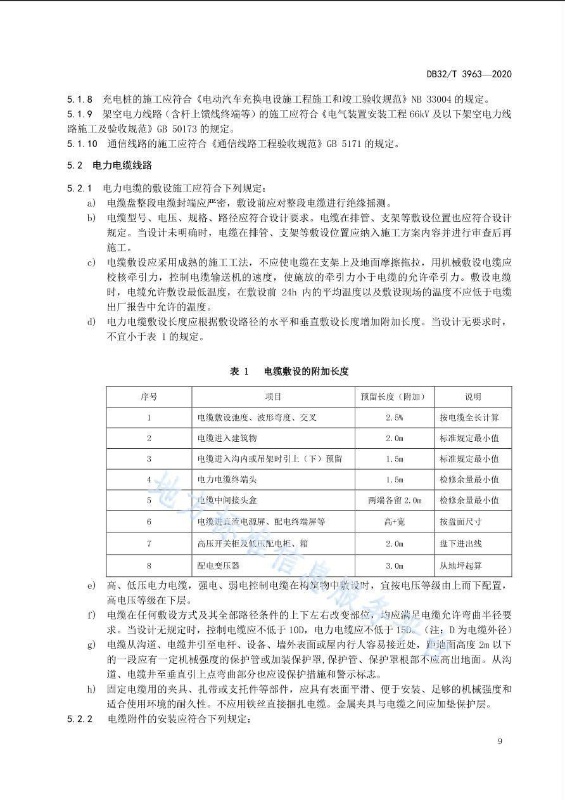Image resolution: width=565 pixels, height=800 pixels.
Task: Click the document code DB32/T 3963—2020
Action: [469, 74]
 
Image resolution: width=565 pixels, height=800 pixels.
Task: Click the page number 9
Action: [500, 742]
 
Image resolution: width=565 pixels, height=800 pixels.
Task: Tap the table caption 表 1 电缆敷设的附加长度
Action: [289, 371]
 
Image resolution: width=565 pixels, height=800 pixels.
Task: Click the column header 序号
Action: [149, 397]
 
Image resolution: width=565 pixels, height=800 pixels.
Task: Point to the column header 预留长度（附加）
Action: [394, 397]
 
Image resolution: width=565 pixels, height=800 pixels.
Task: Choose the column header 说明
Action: [473, 397]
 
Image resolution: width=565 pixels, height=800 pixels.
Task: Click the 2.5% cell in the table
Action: [394, 418]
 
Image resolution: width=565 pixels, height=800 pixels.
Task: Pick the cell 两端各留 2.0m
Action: [394, 501]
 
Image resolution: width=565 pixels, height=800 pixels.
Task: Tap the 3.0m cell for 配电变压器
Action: [394, 565]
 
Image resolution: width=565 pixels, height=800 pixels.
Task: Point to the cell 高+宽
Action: [394, 522]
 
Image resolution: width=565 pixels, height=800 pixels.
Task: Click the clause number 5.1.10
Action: [82, 144]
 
